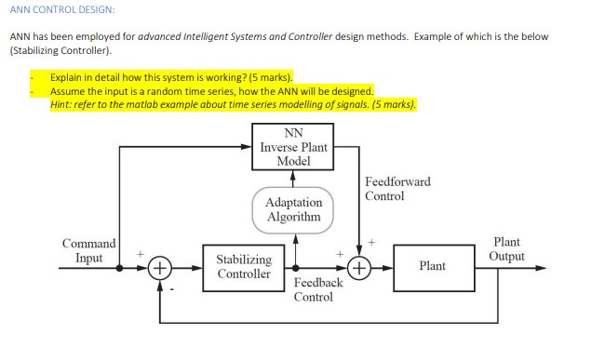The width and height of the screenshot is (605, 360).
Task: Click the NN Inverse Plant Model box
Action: [293, 147]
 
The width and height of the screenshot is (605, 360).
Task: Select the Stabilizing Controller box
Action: [244, 267]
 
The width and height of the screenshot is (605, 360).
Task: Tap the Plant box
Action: [431, 266]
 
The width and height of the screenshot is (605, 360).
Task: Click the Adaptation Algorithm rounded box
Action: [293, 209]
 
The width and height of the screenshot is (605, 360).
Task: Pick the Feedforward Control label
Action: [397, 189]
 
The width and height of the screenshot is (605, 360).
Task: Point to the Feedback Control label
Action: [313, 289]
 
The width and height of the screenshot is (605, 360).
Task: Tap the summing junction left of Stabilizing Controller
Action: [161, 267]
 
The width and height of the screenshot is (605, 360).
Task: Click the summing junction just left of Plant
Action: [360, 267]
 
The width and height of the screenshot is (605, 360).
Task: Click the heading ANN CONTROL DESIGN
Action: [62, 9]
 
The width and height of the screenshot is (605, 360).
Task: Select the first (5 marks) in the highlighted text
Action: [267, 78]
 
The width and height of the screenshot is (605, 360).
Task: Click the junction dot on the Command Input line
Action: [120, 267]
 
